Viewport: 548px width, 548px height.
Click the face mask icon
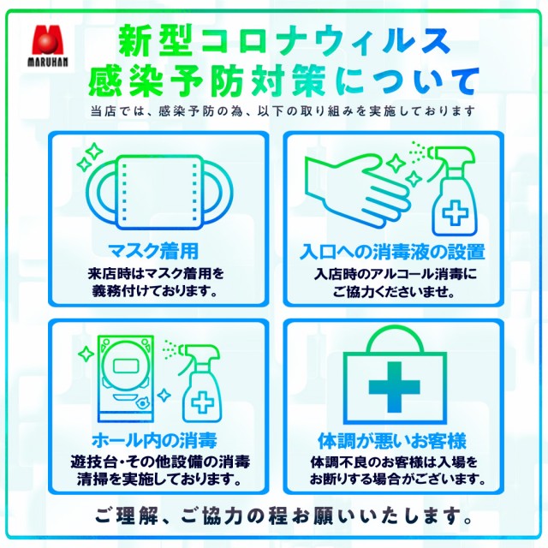159,192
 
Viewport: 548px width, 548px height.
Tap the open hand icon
357,190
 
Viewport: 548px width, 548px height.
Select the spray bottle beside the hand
452,190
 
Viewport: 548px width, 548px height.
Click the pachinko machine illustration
126,378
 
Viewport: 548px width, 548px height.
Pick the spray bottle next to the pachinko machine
200,383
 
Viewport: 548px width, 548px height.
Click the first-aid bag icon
395,375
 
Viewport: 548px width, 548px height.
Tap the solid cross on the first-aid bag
395,387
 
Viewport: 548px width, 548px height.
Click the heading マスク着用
153,251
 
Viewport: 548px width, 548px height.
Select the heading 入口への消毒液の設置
392,252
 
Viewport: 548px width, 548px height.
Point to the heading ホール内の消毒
154,440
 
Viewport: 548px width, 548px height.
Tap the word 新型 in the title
155,40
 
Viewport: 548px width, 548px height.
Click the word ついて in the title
422,81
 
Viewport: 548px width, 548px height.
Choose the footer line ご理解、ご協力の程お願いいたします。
283,515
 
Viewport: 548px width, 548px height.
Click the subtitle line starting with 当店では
283,111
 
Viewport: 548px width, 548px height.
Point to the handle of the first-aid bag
395,339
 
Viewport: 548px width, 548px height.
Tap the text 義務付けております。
155,291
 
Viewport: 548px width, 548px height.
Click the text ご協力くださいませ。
394,291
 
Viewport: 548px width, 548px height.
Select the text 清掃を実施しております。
159,479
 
